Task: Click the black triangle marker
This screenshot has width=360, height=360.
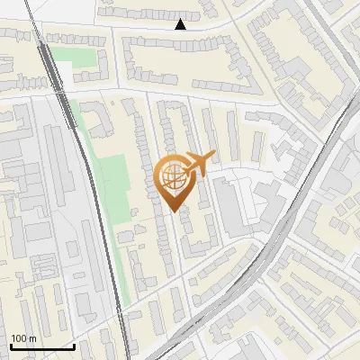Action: [x=181, y=25]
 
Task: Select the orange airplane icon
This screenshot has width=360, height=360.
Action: [x=197, y=164]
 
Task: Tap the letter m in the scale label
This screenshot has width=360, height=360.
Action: [x=32, y=338]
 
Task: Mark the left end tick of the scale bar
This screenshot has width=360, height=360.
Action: [x=11, y=346]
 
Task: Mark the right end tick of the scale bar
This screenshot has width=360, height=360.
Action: [x=73, y=346]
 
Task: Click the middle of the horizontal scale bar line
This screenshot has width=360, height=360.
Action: [x=41, y=347]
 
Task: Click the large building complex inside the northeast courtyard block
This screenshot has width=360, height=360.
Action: [x=297, y=63]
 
